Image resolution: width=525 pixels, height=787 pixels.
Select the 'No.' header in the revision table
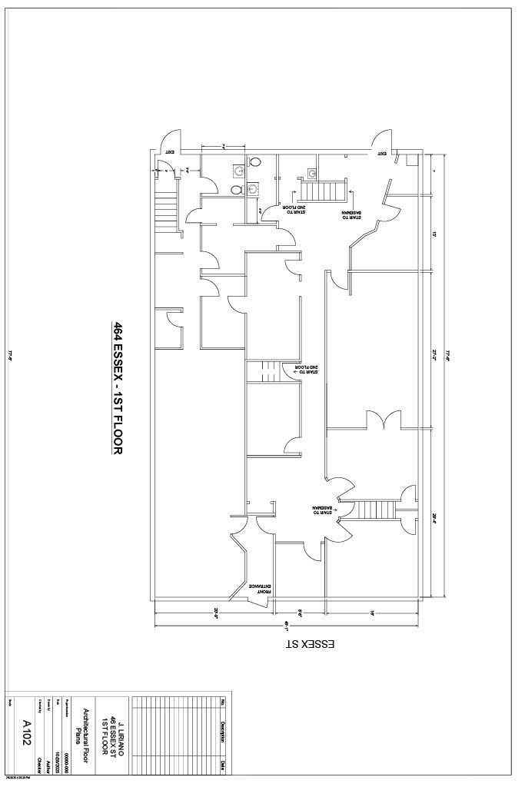tap(223, 701)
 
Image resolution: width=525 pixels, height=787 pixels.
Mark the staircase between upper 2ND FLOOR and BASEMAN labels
tap(322, 189)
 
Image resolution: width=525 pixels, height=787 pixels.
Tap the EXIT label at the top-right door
tap(382, 154)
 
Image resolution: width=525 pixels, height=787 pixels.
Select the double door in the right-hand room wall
tap(382, 420)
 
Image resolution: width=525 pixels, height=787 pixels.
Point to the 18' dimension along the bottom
tap(372, 612)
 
